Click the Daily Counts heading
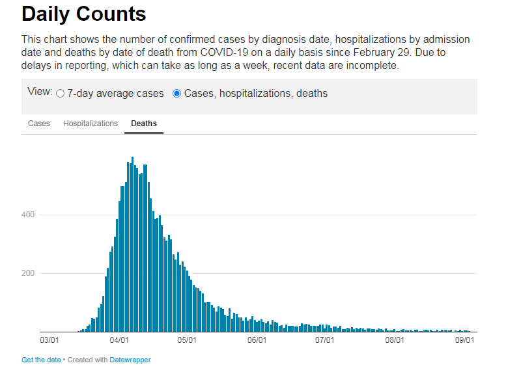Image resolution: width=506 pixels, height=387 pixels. [83, 14]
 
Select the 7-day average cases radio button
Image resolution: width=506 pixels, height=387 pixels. [61, 94]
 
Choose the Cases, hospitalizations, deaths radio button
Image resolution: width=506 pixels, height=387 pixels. [176, 94]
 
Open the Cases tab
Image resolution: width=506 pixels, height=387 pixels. [39, 124]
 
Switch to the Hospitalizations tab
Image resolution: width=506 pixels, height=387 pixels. [91, 124]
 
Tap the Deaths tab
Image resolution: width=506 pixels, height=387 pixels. [144, 124]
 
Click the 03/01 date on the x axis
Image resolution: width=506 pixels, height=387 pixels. [49, 340]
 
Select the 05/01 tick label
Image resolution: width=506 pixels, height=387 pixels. [188, 340]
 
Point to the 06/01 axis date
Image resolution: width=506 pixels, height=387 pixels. [258, 340]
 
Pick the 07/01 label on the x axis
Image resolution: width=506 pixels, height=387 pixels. [325, 340]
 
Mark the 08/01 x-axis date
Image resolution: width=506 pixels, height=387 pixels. [395, 340]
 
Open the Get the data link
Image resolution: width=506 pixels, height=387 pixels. [41, 360]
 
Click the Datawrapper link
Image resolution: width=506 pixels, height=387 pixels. [130, 360]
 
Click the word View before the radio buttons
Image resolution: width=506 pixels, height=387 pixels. [40, 92]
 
